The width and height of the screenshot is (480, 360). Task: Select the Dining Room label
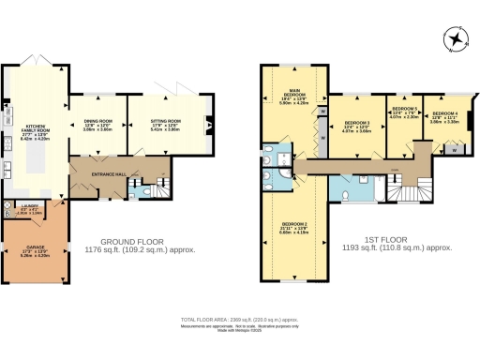tap(98, 123)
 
